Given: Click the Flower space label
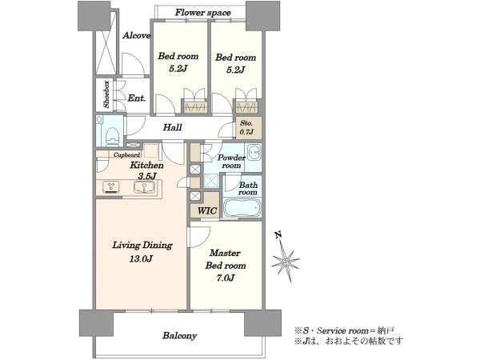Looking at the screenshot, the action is pos(202,13).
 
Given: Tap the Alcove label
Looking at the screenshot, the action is pos(137,35).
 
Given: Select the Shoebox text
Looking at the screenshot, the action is pos(106,94).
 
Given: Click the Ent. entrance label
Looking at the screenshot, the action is pos(136,98).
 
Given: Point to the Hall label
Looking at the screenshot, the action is pos(172,127).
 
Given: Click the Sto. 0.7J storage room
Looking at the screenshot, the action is pos(249,128).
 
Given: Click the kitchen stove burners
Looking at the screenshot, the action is pos(111,186).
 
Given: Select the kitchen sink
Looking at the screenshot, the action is pos(144,186).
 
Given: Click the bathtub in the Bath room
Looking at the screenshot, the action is pos(242,208).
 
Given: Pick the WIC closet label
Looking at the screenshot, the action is pos(207,210).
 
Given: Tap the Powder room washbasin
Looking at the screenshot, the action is pos(254,152).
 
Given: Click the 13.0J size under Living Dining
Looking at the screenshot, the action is pos(141,259).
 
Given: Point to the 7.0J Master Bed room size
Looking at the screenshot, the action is pos(225,278).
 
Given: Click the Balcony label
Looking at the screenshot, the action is pos(180,336).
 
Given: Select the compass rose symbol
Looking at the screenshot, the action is pos(285,261).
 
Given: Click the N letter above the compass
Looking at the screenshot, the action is pos(278,235).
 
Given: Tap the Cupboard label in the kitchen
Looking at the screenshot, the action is pos(126,155).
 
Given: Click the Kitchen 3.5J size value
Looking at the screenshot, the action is pos(147,176).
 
